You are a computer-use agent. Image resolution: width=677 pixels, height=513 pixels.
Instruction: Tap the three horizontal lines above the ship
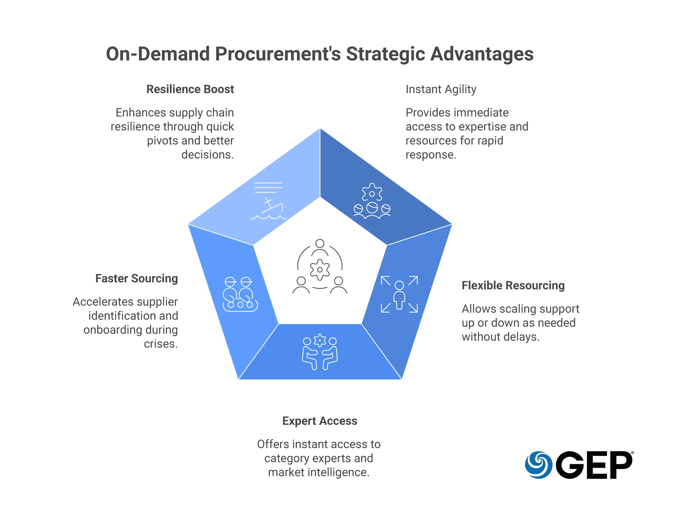[268, 187]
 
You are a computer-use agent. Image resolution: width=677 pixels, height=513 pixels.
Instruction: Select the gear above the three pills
[372, 193]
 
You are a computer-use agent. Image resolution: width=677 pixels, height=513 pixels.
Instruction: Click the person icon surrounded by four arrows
[399, 294]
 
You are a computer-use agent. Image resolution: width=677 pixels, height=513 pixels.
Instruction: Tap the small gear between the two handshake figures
[320, 340]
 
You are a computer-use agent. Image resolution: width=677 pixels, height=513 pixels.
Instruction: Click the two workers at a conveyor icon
[240, 294]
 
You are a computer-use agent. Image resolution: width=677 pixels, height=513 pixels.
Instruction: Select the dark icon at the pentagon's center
[319, 267]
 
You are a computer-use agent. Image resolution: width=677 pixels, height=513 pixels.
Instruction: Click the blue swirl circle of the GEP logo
[539, 464]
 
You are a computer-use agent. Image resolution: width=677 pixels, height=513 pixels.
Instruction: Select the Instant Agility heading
[441, 89]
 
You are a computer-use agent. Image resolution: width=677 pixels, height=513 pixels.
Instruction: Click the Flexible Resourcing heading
[513, 286]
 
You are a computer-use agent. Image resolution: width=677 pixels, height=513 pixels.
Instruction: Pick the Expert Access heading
[320, 421]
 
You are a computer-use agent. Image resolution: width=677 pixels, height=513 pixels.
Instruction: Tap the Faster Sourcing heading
[138, 279]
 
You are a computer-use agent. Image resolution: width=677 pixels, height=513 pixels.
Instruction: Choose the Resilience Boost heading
[190, 89]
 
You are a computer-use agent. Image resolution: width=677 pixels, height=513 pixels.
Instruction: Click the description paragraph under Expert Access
[319, 458]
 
